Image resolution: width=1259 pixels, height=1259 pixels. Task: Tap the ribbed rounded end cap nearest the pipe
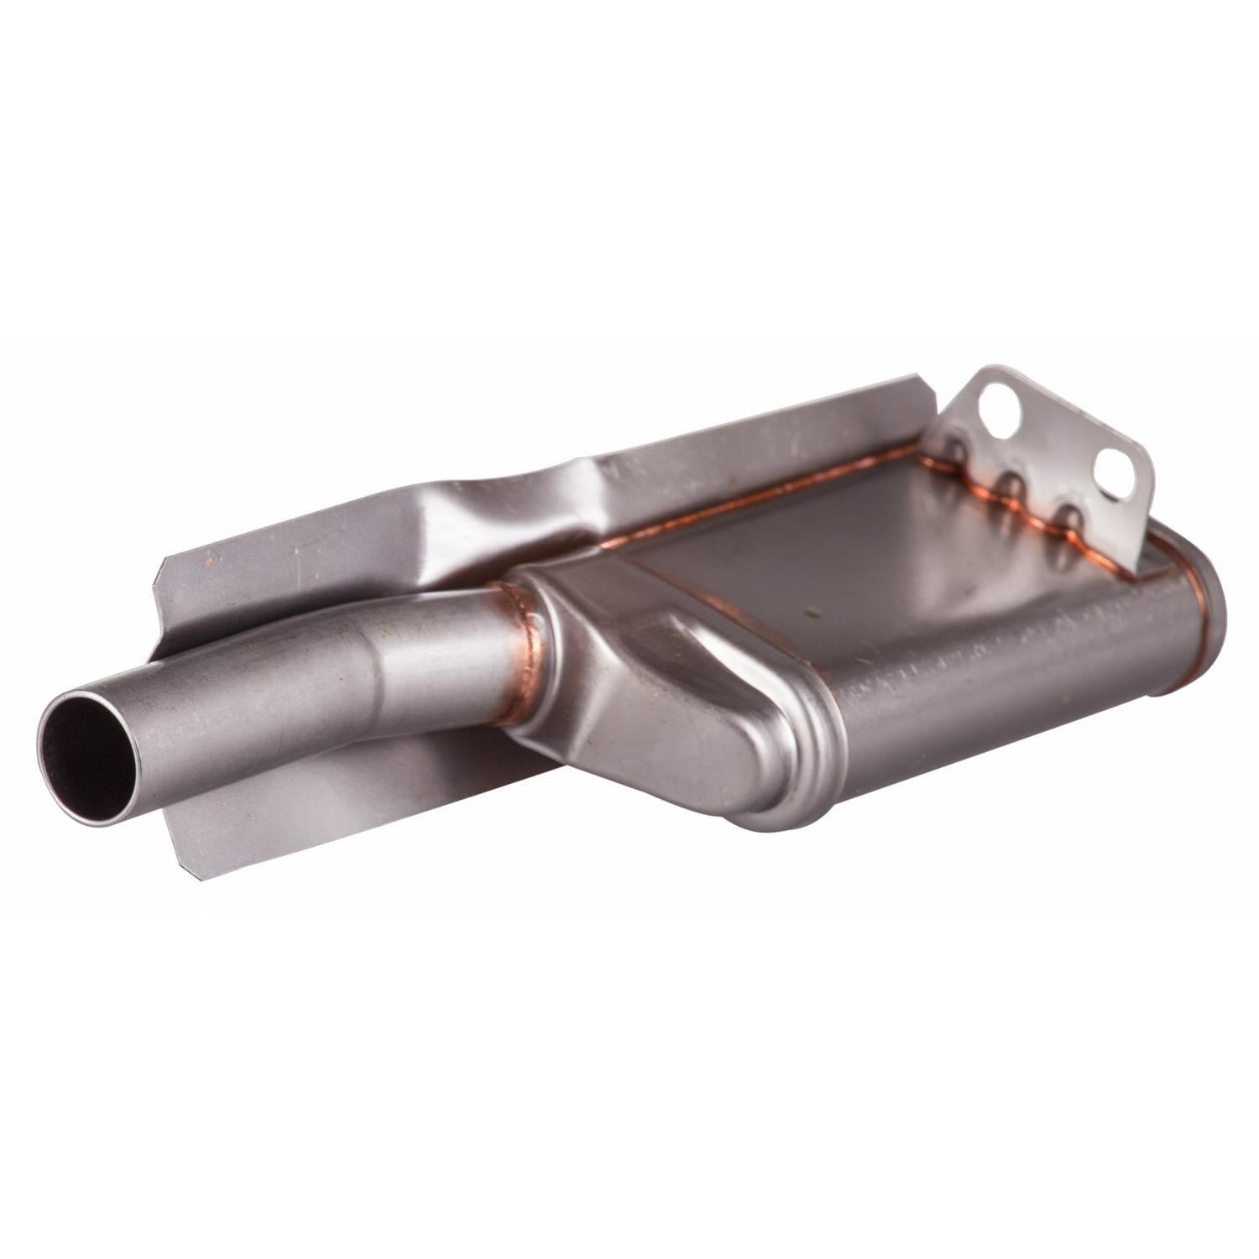(772, 755)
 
